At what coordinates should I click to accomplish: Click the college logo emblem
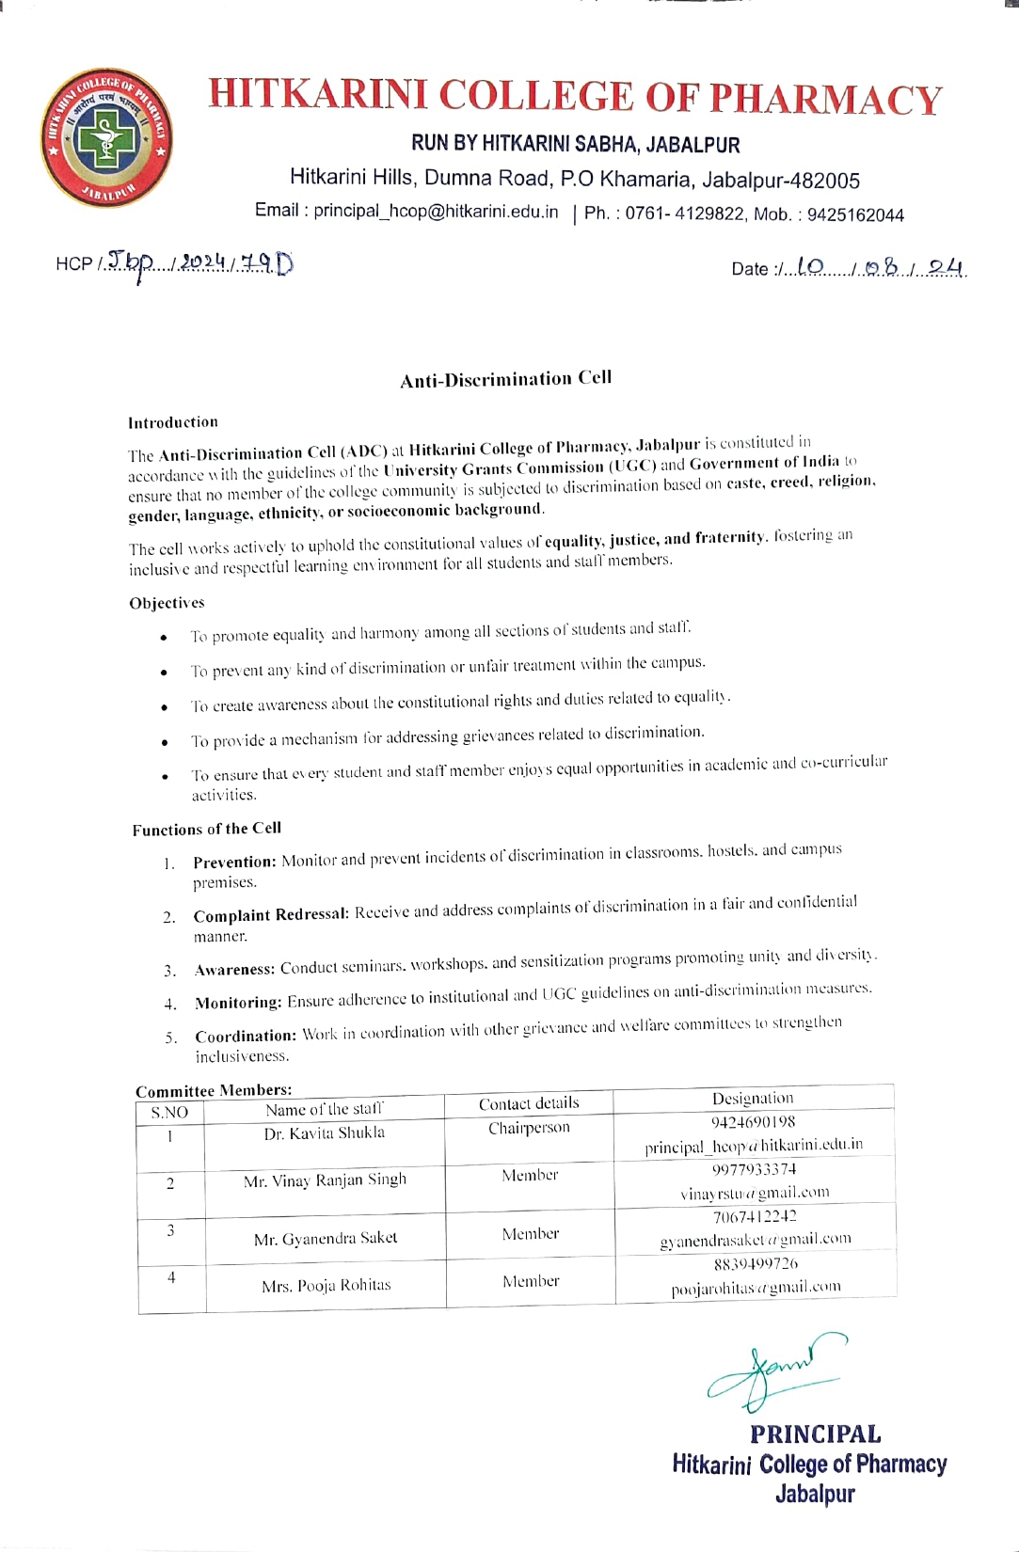pyautogui.click(x=106, y=137)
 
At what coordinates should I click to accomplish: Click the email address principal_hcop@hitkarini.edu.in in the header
pyautogui.click(x=436, y=212)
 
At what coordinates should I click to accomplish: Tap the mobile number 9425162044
pyautogui.click(x=855, y=214)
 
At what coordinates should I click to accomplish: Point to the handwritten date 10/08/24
pyautogui.click(x=880, y=268)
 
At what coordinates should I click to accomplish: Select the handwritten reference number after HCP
pyautogui.click(x=199, y=263)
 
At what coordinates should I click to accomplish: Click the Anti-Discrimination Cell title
pyautogui.click(x=506, y=378)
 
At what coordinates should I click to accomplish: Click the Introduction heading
pyautogui.click(x=173, y=422)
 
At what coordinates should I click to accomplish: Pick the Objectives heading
pyautogui.click(x=167, y=603)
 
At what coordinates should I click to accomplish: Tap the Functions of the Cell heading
pyautogui.click(x=207, y=829)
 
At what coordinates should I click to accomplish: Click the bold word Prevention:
pyautogui.click(x=234, y=862)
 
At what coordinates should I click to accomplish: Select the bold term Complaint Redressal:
pyautogui.click(x=271, y=914)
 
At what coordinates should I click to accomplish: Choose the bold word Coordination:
pyautogui.click(x=246, y=1036)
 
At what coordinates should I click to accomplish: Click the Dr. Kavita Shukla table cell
pyautogui.click(x=325, y=1133)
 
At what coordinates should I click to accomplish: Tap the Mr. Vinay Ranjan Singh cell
pyautogui.click(x=325, y=1180)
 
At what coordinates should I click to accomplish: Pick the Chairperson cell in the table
pyautogui.click(x=529, y=1128)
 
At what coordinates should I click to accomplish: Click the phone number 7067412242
pyautogui.click(x=755, y=1216)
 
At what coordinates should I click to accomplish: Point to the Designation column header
pyautogui.click(x=753, y=1098)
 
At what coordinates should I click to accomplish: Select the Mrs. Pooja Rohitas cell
pyautogui.click(x=326, y=1285)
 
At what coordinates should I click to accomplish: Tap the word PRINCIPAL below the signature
pyautogui.click(x=815, y=1434)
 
